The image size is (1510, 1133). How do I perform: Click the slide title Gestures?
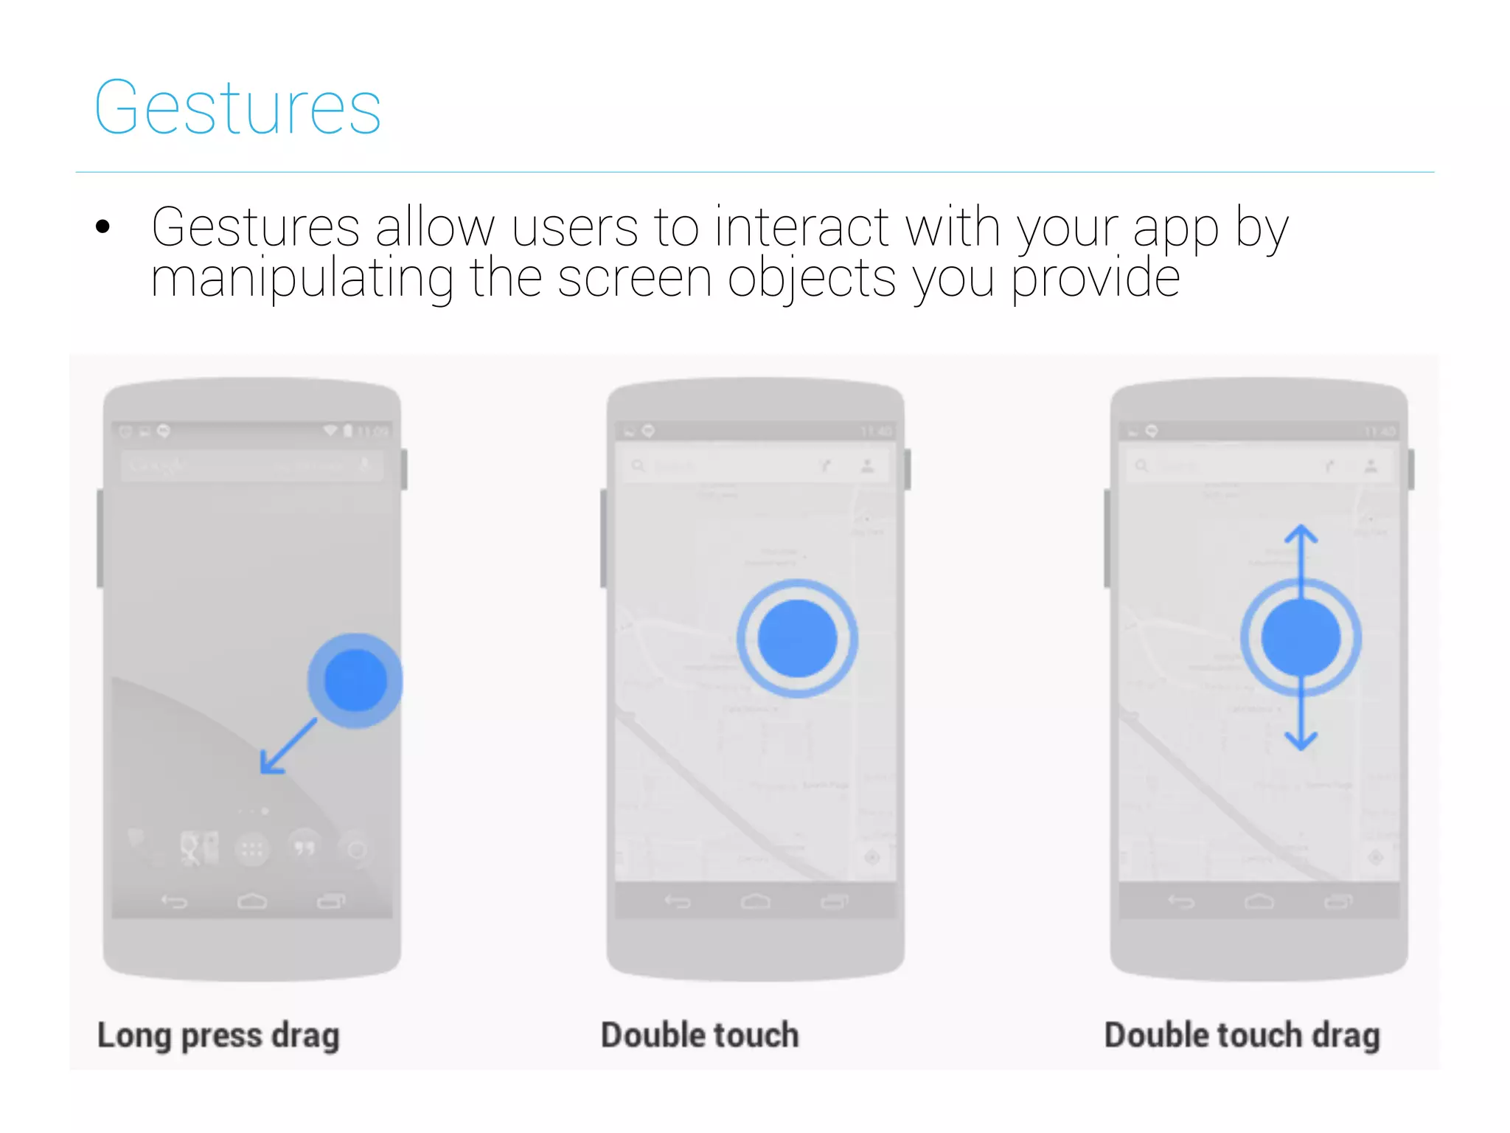237,108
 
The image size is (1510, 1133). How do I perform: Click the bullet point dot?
103,226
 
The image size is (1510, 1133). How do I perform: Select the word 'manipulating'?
302,279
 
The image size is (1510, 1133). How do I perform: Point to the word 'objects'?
811,279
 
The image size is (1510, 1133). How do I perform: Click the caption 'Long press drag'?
218,1036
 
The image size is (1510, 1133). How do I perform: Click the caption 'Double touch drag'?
1242,1036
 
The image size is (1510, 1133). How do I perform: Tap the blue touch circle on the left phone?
355,680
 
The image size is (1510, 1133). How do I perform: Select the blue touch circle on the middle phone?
797,639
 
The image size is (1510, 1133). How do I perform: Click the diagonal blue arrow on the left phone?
288,746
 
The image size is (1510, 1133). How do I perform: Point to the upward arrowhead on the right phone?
1301,533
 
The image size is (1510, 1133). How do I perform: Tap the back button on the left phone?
175,901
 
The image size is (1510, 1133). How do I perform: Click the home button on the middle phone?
756,901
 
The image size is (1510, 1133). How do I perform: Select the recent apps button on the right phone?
1338,901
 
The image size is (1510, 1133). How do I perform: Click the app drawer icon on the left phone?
252,850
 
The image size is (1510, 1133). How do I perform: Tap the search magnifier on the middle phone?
639,466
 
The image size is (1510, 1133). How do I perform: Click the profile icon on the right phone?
1371,466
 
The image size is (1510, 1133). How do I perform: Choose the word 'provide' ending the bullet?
1096,279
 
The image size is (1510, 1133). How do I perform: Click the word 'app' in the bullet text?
1175,229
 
